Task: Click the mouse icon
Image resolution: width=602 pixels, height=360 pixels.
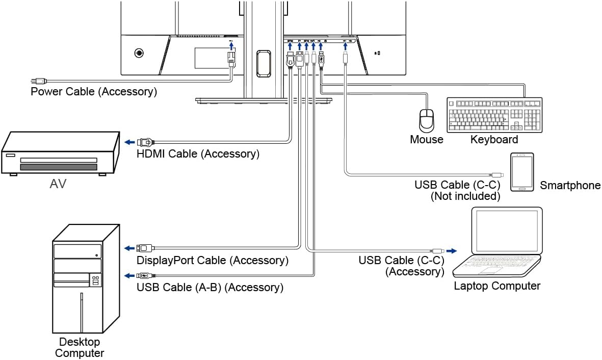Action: [426, 120]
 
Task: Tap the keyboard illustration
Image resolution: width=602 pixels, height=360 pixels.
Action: [494, 115]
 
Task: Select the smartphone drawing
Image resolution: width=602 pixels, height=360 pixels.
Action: [522, 172]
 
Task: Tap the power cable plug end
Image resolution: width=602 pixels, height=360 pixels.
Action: [38, 81]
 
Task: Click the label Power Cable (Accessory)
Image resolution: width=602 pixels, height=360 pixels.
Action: [94, 92]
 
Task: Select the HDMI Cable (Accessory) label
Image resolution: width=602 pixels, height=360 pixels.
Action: [198, 153]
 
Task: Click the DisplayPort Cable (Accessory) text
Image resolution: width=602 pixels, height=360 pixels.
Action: [213, 260]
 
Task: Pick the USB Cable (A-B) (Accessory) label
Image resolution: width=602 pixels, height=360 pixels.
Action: [210, 287]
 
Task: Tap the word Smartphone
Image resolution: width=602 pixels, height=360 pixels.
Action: [570, 186]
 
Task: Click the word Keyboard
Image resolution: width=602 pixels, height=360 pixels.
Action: [494, 139]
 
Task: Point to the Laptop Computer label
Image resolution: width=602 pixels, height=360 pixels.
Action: [497, 286]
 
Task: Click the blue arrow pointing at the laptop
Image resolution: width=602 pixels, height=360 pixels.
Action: [452, 250]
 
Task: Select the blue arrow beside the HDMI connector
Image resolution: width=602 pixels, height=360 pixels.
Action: [130, 142]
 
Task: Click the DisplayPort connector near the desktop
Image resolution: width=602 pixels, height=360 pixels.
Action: [144, 248]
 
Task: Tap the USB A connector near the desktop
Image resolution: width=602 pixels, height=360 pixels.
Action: [143, 276]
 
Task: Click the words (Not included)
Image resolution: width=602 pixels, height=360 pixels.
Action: [465, 196]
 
